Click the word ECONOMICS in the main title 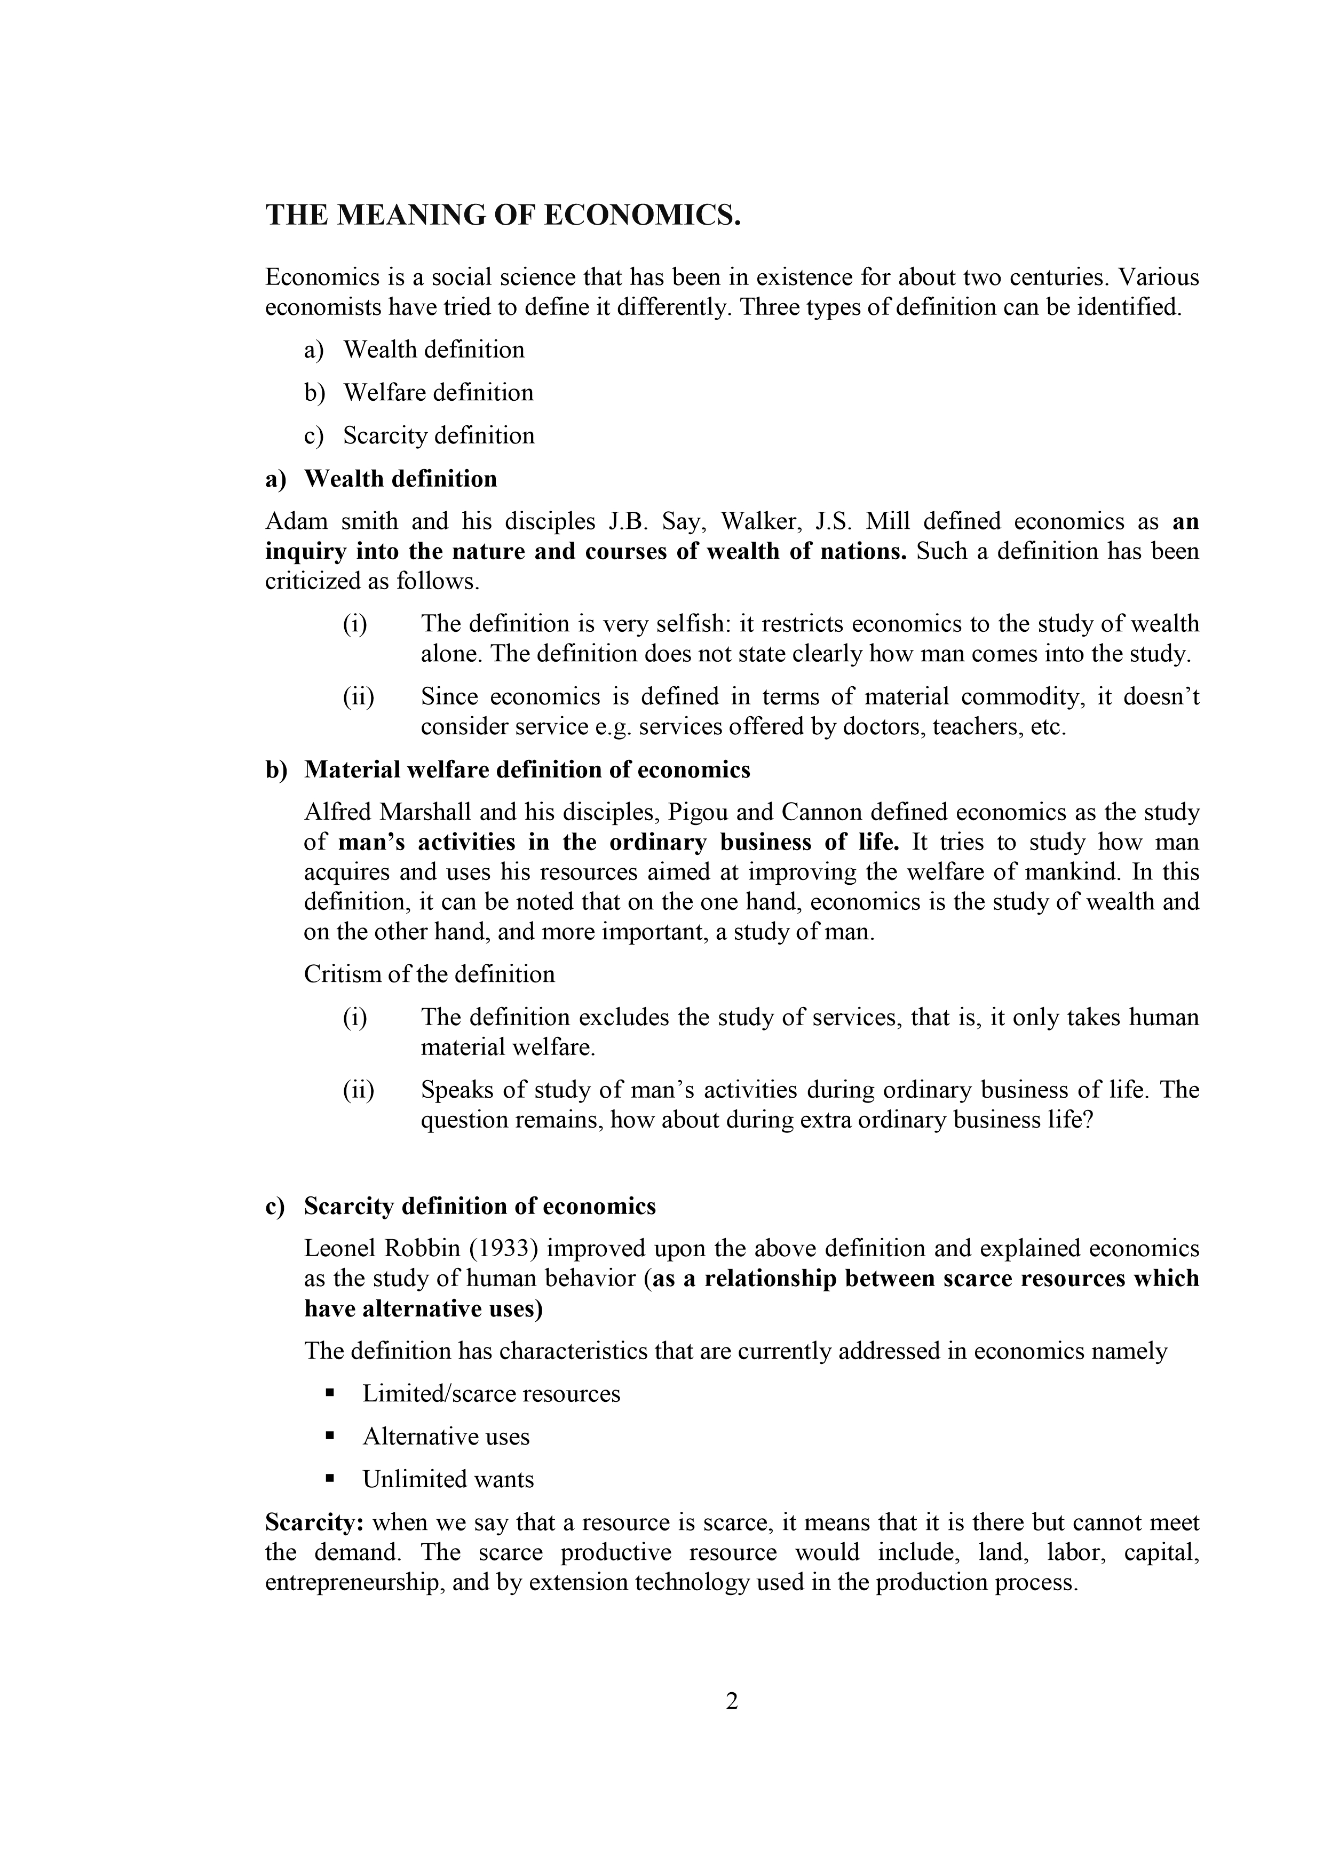tap(641, 216)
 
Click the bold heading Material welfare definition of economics tap(527, 770)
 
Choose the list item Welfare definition tap(438, 392)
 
